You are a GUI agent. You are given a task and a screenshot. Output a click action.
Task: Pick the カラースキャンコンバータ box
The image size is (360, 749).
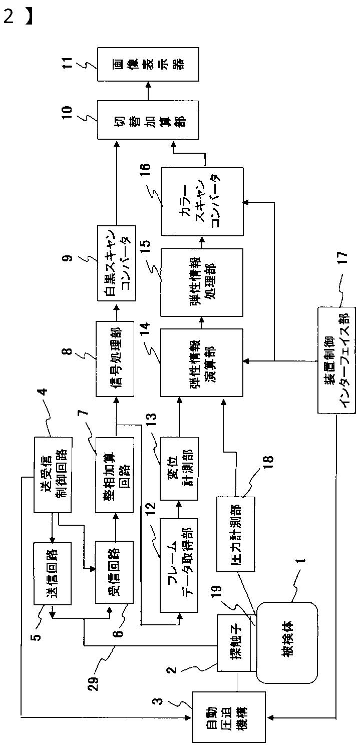pos(202,202)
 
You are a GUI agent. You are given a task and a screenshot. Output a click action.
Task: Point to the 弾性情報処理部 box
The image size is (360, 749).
pos(202,283)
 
